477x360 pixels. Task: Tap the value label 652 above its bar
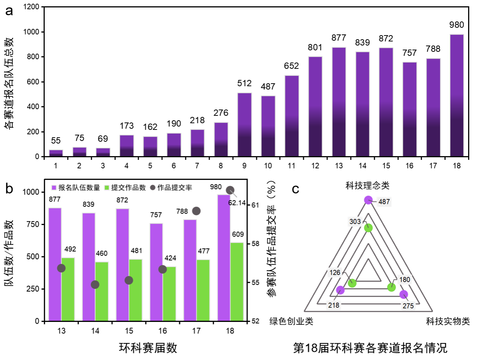291,66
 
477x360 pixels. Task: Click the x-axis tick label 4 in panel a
126,166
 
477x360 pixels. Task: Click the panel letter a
9,11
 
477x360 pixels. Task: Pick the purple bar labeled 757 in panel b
156,272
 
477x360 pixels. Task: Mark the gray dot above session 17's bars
196,211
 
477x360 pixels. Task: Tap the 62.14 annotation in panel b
237,203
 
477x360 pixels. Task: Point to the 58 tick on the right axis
255,244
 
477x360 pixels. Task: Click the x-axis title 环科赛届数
148,348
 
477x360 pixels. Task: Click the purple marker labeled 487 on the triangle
368,200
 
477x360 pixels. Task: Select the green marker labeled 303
368,228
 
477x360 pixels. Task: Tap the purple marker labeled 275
403,295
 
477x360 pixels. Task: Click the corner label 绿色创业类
291,321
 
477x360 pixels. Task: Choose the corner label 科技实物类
448,321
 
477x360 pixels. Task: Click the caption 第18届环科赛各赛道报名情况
370,348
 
